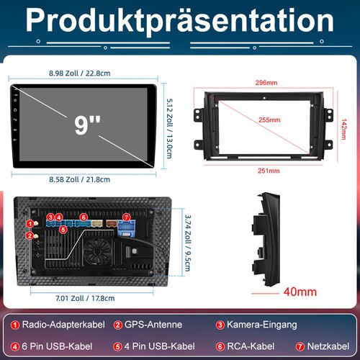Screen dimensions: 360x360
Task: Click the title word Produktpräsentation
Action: (180, 22)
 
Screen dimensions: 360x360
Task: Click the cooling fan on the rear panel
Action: (95, 255)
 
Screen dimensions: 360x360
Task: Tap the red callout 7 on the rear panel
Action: (126, 216)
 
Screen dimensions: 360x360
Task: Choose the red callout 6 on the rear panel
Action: (84, 216)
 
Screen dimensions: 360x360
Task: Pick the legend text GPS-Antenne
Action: (153, 325)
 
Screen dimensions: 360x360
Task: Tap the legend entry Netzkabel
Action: (326, 346)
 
